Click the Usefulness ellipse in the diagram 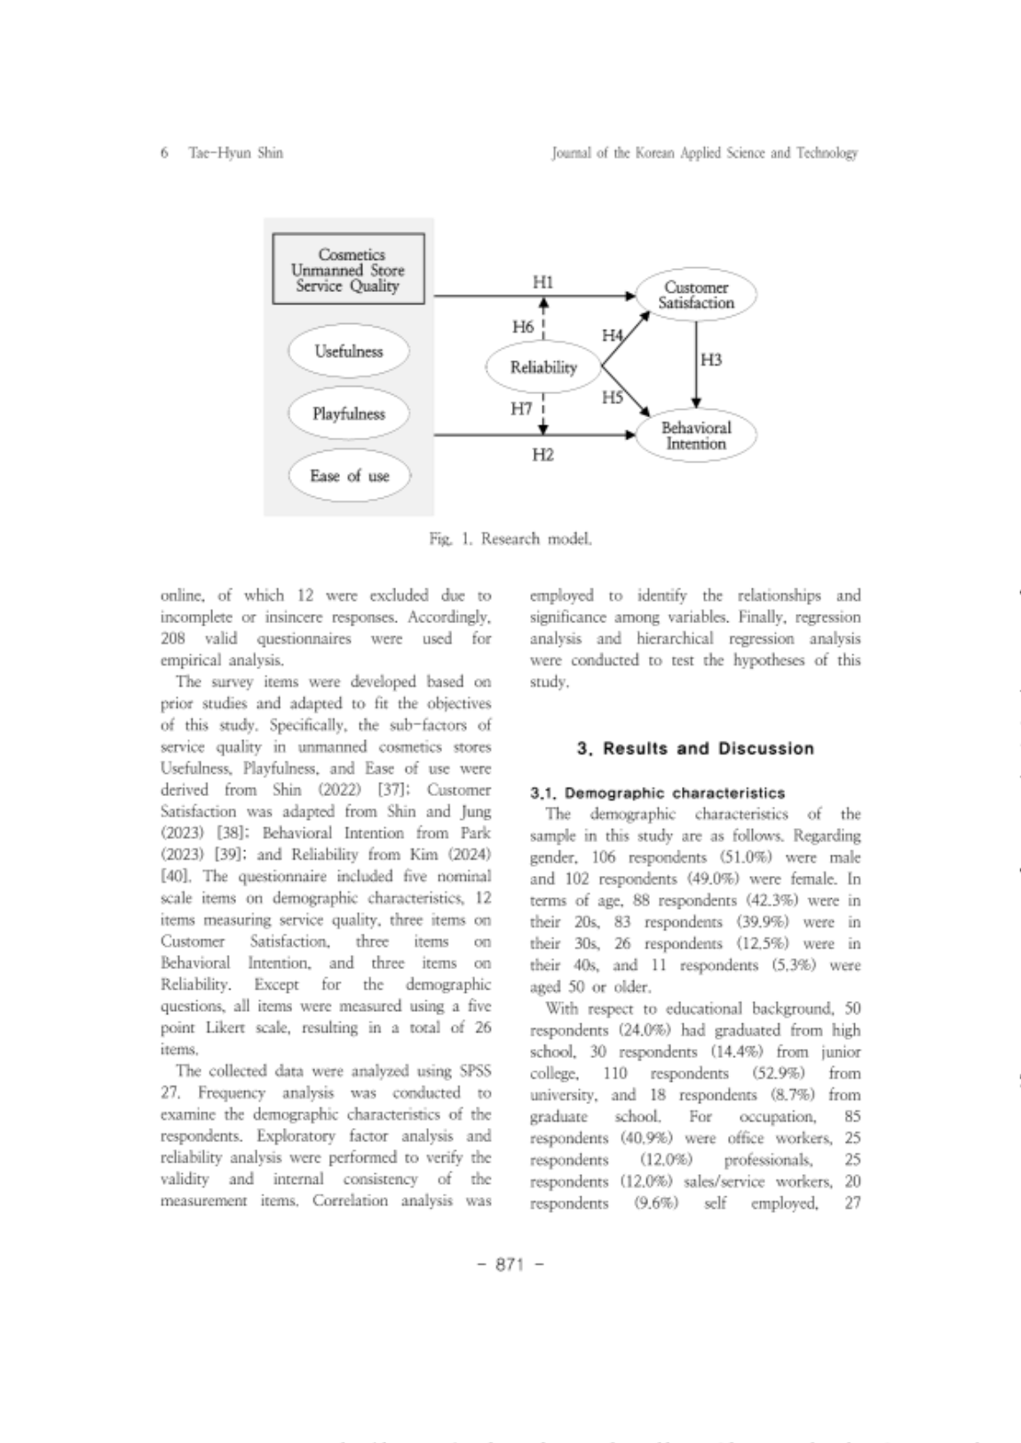tap(348, 351)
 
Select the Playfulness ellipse tap(348, 414)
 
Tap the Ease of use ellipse tap(349, 476)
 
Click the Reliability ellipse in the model tap(543, 367)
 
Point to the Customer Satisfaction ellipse tap(696, 295)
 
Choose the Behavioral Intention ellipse tap(696, 436)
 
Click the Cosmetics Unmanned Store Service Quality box tap(348, 270)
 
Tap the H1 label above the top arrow tap(542, 282)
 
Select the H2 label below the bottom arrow tap(542, 455)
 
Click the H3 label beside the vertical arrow tap(711, 359)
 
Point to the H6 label tap(523, 327)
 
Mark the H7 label tap(521, 408)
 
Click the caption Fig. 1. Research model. tap(510, 539)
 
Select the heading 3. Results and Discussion tap(695, 748)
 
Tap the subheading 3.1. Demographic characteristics tap(657, 792)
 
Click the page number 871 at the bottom tap(510, 1265)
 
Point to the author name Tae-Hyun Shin tap(235, 153)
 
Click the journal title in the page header tap(704, 153)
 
